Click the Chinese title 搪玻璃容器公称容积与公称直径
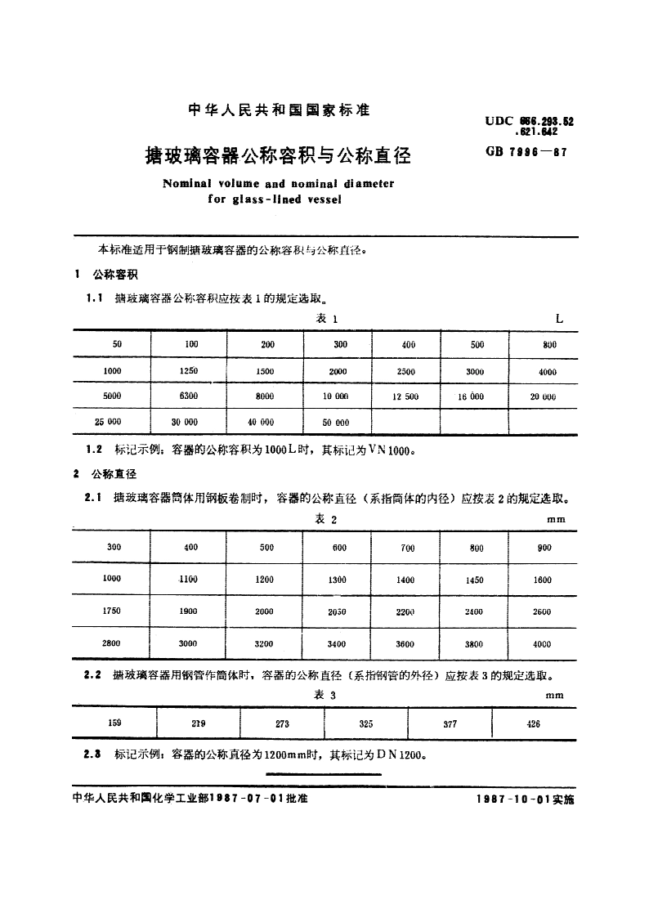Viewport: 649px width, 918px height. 277,154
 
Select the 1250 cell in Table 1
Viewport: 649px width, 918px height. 189,371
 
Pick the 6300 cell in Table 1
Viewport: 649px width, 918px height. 189,396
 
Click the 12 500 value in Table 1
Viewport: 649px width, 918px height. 405,396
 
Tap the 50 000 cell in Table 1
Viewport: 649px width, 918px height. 336,423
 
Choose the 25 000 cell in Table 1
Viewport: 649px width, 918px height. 108,422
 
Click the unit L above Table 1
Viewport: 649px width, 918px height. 559,319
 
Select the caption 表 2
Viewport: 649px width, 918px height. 326,520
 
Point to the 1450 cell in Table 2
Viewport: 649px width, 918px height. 473,580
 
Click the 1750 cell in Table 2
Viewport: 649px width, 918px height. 113,611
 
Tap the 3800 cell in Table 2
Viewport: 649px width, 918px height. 473,644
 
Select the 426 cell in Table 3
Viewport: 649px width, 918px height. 533,723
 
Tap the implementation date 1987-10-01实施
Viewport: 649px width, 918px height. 525,799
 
